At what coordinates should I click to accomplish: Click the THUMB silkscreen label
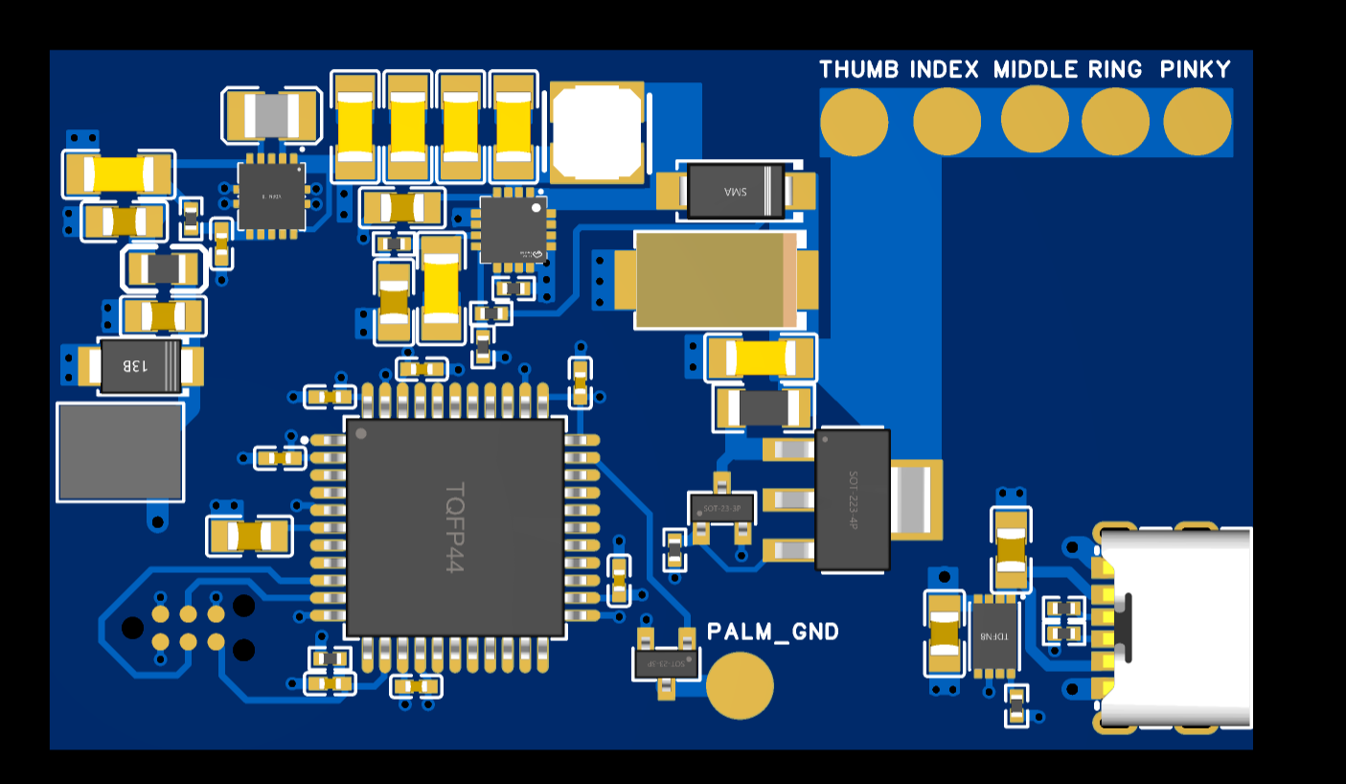click(858, 70)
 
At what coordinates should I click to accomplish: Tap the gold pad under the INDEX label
click(947, 121)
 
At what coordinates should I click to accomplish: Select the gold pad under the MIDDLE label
click(1035, 119)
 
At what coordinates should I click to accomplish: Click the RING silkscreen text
click(1115, 70)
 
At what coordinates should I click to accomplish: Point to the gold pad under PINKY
click(1197, 121)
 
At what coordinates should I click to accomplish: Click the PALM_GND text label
click(772, 632)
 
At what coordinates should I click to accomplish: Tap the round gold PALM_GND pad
click(739, 685)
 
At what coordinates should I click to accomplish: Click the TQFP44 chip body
click(455, 527)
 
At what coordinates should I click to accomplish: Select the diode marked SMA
click(735, 191)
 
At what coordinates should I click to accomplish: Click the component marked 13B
click(140, 366)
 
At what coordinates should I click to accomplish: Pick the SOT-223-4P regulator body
click(852, 499)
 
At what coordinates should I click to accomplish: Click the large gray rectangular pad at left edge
click(121, 451)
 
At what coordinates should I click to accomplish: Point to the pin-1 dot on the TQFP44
click(361, 434)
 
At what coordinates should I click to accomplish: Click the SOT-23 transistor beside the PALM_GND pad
click(665, 661)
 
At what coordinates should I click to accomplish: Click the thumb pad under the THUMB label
click(854, 122)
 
